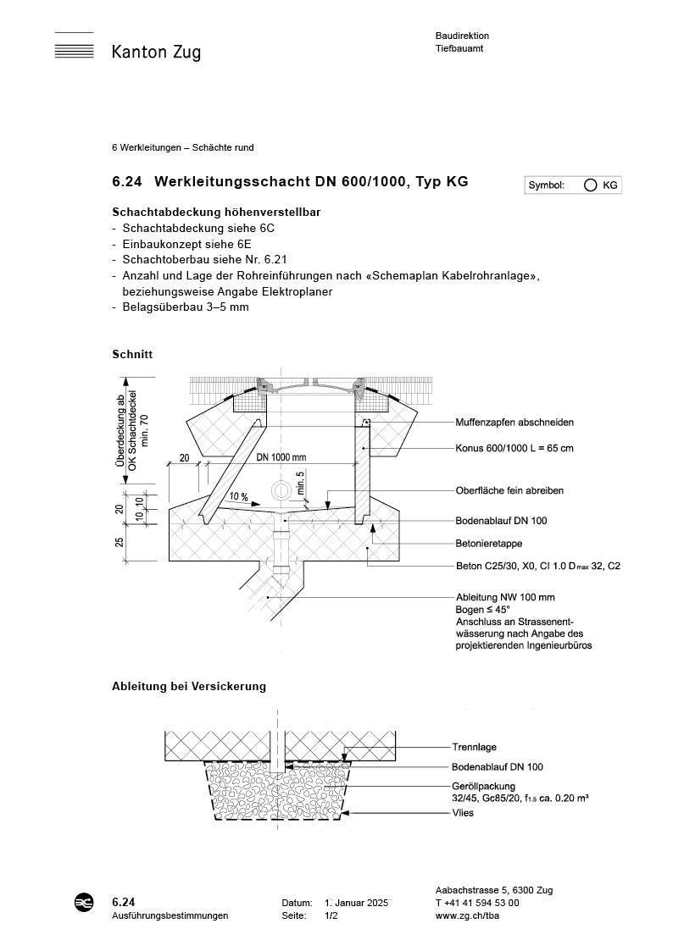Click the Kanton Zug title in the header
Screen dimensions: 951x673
click(156, 53)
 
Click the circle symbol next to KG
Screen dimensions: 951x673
click(590, 185)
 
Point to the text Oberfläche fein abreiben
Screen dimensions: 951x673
click(509, 490)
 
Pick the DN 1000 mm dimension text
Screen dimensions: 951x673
click(281, 457)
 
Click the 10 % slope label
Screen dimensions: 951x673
click(239, 495)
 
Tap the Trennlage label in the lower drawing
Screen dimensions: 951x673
click(474, 748)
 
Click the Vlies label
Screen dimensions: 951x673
click(463, 813)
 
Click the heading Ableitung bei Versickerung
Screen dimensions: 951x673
click(189, 686)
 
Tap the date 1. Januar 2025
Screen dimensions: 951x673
click(356, 903)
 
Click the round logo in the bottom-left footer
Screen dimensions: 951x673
click(86, 903)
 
